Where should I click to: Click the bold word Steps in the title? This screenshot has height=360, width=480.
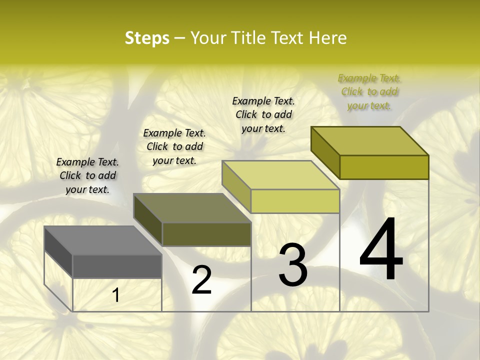coord(147,38)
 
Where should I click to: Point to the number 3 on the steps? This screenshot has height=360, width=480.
coord(293,265)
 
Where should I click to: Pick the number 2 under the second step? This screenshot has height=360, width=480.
coord(202,280)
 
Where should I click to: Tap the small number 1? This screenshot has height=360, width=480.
coord(116,295)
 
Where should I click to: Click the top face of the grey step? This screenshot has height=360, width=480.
coord(103,240)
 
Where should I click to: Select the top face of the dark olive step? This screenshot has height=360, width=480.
coord(192,208)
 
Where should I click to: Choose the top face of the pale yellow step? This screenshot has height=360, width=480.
coord(281,175)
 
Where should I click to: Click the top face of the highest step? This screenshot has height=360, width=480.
coord(370,141)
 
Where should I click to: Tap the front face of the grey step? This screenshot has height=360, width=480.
coord(117,266)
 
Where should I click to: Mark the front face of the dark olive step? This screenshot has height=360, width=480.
coord(206,234)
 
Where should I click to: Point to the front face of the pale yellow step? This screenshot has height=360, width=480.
coord(295,201)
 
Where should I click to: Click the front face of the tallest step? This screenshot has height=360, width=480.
coord(384,167)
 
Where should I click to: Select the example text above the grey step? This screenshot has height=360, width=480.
coord(87,175)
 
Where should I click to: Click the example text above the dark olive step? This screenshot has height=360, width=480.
coord(174,146)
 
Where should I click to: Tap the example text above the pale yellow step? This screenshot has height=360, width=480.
coord(263,114)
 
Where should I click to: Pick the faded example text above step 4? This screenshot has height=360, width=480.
coord(369,91)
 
